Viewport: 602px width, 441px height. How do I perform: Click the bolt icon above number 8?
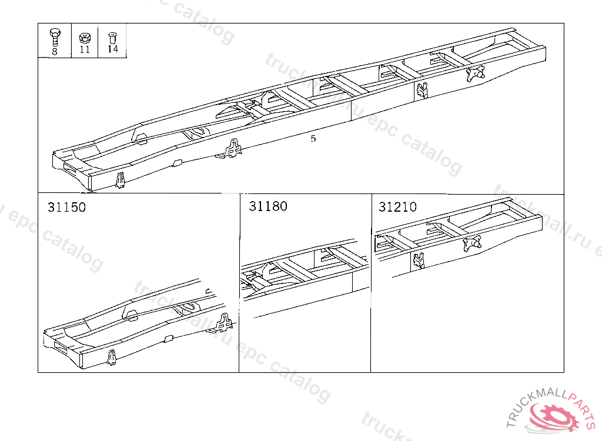pos(55,36)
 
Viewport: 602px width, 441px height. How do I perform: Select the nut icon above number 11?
pos(85,38)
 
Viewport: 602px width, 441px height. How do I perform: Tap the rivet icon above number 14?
pos(112,38)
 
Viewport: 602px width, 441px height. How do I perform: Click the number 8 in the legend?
pos(55,52)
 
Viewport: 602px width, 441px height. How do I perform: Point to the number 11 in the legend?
pos(85,49)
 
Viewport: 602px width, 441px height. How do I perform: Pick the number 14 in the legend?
pos(112,49)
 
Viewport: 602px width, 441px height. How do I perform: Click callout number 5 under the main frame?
pos(313,138)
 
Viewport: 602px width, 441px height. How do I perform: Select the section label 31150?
pos(67,208)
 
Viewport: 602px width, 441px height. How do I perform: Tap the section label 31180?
pos(268,206)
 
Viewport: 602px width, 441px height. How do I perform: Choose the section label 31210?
pos(398,207)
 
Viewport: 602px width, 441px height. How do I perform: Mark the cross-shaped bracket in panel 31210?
pos(472,244)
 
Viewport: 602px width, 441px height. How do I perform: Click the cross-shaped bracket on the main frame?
pos(475,73)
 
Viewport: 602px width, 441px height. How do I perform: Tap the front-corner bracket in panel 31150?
pos(112,358)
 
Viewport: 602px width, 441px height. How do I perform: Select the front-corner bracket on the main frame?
pos(121,181)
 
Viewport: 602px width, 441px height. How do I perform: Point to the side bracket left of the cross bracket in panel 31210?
pos(419,260)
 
